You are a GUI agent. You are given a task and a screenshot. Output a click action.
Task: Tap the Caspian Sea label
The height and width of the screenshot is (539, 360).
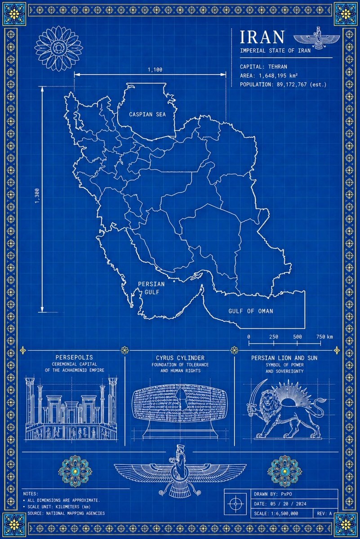147,115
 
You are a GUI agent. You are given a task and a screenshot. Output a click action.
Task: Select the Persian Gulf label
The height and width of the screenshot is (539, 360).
151,287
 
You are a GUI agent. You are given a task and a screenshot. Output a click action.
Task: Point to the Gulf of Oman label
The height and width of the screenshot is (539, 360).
250,311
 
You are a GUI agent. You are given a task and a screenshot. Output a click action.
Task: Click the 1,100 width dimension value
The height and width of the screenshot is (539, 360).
155,69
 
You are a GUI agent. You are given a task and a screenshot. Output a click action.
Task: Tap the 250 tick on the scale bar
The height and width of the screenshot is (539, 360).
273,337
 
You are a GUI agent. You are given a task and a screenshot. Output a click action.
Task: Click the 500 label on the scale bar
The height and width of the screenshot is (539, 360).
297,337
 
